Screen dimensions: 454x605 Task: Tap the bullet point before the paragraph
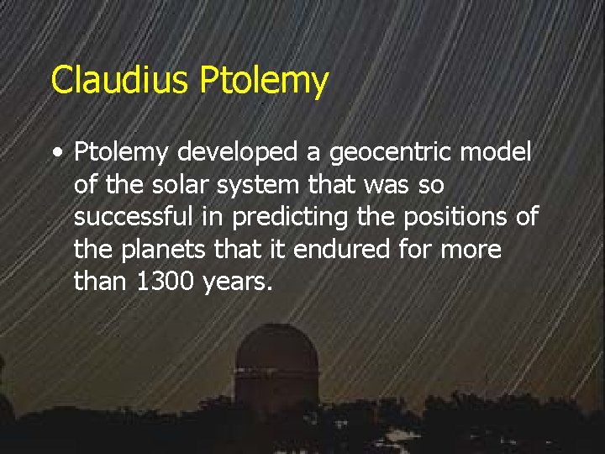tap(55, 154)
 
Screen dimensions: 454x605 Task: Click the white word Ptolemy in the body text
tap(122, 153)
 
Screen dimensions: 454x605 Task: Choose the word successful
tap(134, 217)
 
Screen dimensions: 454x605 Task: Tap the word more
tap(471, 250)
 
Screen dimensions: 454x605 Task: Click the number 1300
tap(165, 282)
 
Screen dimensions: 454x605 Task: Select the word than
tap(99, 282)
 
